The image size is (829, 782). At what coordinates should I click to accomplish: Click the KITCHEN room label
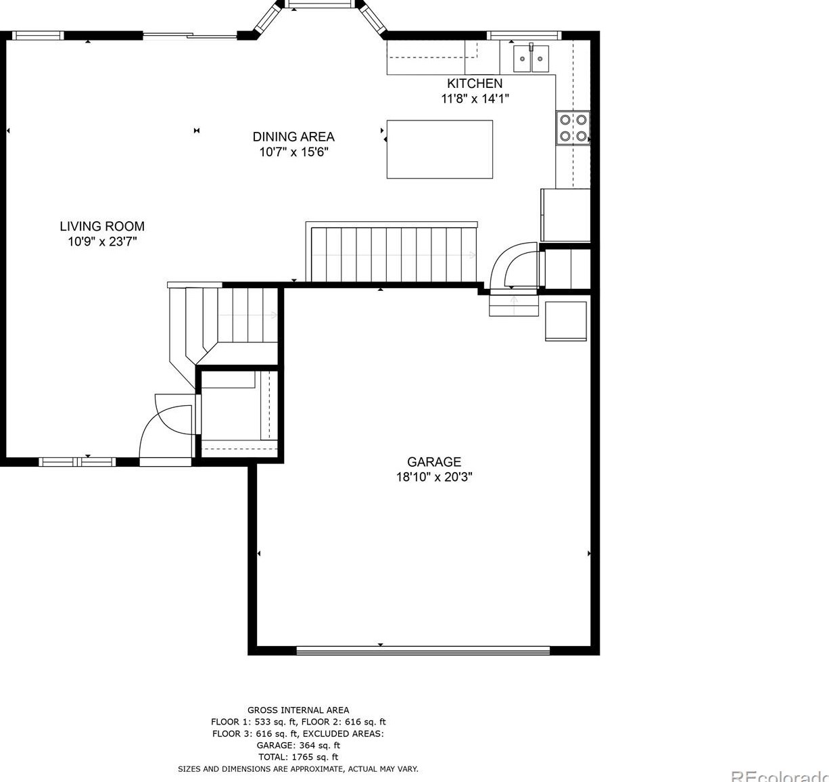coord(475,84)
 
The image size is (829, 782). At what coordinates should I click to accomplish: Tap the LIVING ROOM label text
coord(102,227)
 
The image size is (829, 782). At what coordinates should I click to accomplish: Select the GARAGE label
coord(434,461)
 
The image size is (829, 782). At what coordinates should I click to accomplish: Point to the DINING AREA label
coord(293,137)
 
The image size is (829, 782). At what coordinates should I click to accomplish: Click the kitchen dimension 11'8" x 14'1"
coord(475,99)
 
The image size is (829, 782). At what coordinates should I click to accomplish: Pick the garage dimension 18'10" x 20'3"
coord(434,477)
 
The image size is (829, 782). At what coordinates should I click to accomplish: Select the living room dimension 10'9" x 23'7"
coord(102,241)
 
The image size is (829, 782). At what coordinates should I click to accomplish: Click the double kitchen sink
coord(531,58)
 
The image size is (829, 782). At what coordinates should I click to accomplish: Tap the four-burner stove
coord(573,128)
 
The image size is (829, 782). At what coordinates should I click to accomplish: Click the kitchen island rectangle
coord(440,149)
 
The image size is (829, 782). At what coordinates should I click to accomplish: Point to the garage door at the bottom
coord(423,650)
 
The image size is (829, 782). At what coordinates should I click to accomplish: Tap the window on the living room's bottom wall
coord(77,461)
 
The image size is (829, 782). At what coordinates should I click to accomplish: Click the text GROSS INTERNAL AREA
coord(298,710)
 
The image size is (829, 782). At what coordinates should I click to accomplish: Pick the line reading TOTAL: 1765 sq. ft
coord(298,756)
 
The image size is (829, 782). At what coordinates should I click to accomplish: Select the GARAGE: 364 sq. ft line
coord(298,745)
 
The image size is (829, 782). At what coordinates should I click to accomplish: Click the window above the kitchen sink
coord(524,35)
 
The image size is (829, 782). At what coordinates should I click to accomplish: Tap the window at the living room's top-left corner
coord(38,35)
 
